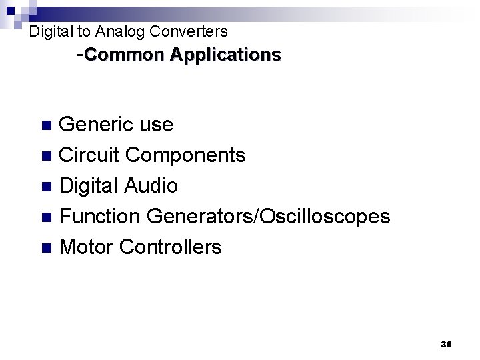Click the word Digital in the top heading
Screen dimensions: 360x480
pyautogui.click(x=51, y=31)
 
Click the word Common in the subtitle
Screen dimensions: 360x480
pyautogui.click(x=125, y=55)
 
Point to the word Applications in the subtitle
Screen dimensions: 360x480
pyautogui.click(x=225, y=55)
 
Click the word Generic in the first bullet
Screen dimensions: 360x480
pyautogui.click(x=97, y=125)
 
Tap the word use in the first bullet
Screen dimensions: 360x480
pyautogui.click(x=157, y=125)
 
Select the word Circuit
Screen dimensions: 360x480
pyautogui.click(x=89, y=155)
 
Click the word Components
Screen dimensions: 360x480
pyautogui.click(x=186, y=156)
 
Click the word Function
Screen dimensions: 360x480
pyautogui.click(x=101, y=217)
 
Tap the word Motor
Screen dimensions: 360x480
pyautogui.click(x=87, y=247)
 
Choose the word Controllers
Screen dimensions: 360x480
pyautogui.click(x=170, y=247)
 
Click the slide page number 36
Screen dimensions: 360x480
pyautogui.click(x=446, y=344)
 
